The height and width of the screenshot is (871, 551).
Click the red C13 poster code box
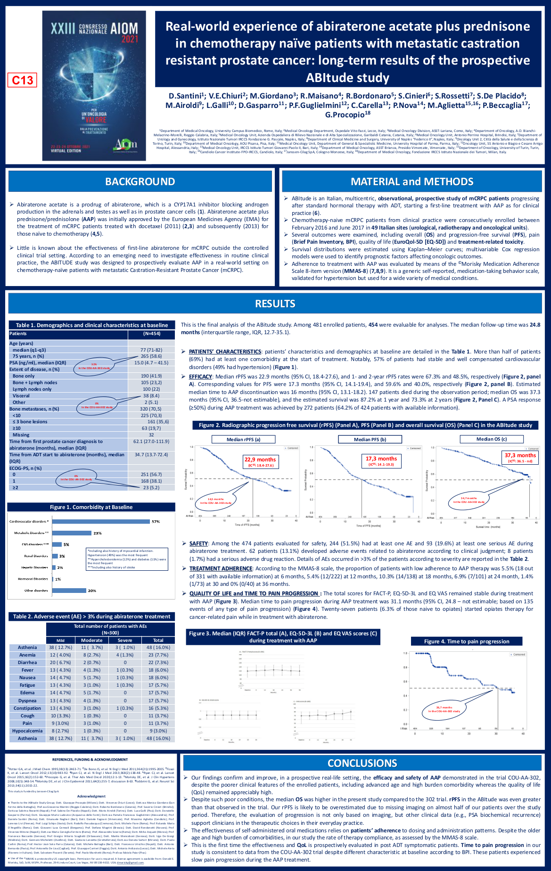(x=22, y=80)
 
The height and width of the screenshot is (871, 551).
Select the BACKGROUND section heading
(x=140, y=181)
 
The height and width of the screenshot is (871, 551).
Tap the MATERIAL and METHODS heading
(x=411, y=181)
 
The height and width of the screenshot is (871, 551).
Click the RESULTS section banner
(x=275, y=304)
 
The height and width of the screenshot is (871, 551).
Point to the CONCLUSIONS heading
(x=362, y=763)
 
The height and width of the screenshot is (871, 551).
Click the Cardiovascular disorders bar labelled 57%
(x=100, y=521)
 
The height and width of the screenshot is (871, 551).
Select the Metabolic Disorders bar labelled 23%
(x=72, y=533)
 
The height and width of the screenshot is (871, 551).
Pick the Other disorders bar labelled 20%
(x=69, y=590)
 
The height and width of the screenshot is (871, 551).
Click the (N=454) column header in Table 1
(x=151, y=334)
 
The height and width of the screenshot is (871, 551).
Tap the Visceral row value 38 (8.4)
(x=151, y=396)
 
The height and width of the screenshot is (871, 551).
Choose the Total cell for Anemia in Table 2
(x=158, y=655)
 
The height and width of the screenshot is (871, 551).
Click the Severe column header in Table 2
(x=125, y=640)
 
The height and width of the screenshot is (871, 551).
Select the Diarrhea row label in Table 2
(x=27, y=662)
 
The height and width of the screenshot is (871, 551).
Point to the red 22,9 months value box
(x=260, y=461)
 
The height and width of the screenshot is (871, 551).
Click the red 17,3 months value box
(x=381, y=460)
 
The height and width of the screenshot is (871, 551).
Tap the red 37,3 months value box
(x=520, y=457)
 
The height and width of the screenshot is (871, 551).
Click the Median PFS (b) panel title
(x=370, y=439)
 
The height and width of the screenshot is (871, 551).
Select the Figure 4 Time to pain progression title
(x=466, y=641)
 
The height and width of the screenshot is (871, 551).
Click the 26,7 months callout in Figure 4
(x=444, y=709)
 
